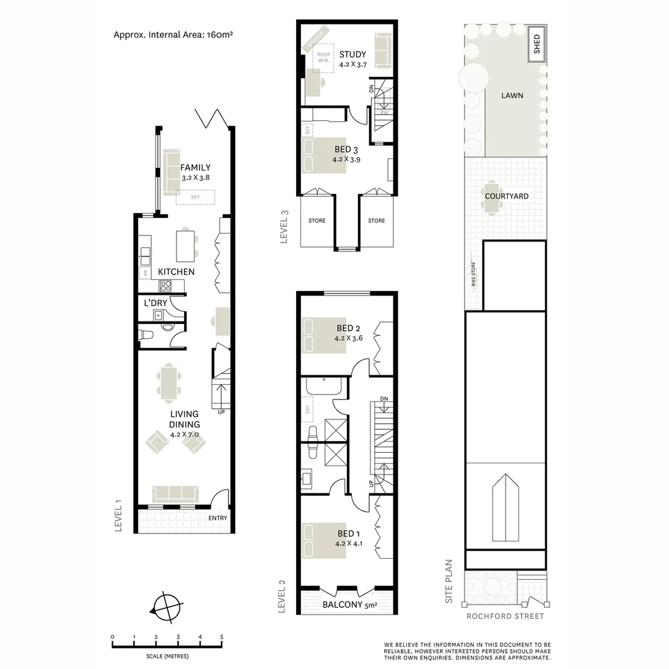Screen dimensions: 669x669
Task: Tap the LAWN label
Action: (x=512, y=95)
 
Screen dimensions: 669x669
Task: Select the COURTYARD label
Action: (x=507, y=196)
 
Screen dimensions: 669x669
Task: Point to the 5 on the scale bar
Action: (x=221, y=637)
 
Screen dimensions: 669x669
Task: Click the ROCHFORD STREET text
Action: (x=505, y=616)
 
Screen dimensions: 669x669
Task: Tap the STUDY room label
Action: (x=353, y=55)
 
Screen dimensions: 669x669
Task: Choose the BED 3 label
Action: (x=346, y=149)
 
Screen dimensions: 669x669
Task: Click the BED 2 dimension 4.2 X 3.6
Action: (x=349, y=338)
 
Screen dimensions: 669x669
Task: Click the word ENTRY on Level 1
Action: (x=217, y=518)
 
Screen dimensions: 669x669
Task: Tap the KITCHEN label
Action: (x=176, y=272)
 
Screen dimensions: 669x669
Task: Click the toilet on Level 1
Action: (x=147, y=335)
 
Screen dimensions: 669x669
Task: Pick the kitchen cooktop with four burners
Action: (x=166, y=286)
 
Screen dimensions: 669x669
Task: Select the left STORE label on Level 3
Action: (x=317, y=221)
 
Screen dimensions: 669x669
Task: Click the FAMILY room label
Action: (x=195, y=167)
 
